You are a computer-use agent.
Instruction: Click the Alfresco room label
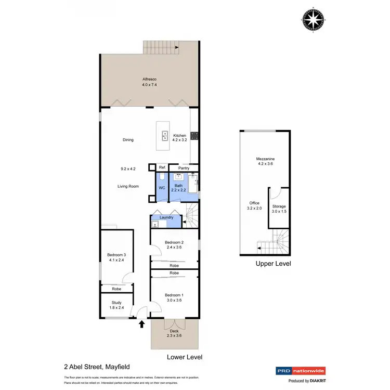(x=150, y=80)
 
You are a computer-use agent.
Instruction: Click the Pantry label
(x=184, y=168)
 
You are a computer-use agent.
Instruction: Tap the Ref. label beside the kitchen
(x=162, y=167)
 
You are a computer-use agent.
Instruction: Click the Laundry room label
(x=166, y=217)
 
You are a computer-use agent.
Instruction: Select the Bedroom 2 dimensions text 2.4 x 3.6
(x=174, y=248)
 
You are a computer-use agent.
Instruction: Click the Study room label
(x=116, y=303)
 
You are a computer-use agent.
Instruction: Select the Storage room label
(x=279, y=206)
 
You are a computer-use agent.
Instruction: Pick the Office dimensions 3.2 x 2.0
(x=254, y=208)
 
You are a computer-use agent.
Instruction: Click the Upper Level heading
(x=273, y=264)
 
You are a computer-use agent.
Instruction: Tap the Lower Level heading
(x=184, y=357)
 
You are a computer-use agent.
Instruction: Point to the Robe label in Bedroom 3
(x=116, y=289)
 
